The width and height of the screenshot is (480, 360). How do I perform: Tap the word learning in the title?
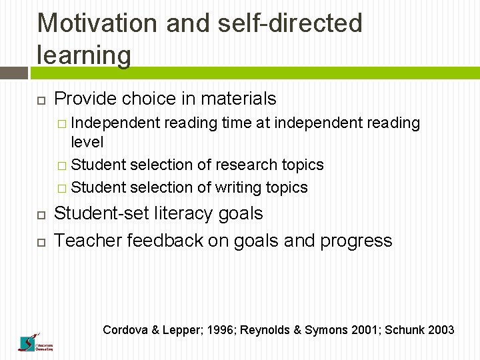click(x=84, y=55)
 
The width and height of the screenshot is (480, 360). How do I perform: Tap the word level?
click(x=87, y=141)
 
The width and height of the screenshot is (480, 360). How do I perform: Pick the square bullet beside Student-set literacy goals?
click(x=40, y=215)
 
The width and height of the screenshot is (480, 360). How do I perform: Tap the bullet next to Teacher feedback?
click(x=40, y=241)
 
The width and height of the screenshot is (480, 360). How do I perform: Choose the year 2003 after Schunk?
click(x=441, y=330)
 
